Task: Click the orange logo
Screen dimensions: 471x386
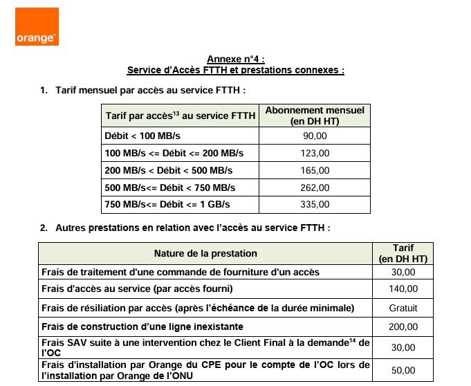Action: click(37, 28)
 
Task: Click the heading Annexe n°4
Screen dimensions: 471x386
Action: click(236, 59)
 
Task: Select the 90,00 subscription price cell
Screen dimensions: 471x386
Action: click(314, 136)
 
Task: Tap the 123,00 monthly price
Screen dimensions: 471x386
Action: click(314, 153)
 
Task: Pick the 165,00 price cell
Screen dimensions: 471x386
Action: click(314, 170)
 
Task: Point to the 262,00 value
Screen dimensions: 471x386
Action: click(314, 187)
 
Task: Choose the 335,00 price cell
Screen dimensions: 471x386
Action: click(314, 205)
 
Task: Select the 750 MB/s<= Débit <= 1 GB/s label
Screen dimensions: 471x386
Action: click(167, 205)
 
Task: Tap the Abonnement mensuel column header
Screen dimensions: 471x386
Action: click(315, 116)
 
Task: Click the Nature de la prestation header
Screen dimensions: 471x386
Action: click(205, 254)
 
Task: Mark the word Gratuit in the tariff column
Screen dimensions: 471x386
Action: click(403, 308)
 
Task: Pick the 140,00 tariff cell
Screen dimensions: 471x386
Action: click(403, 289)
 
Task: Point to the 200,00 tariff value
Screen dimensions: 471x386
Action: click(403, 327)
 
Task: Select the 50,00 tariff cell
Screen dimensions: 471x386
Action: click(403, 370)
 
